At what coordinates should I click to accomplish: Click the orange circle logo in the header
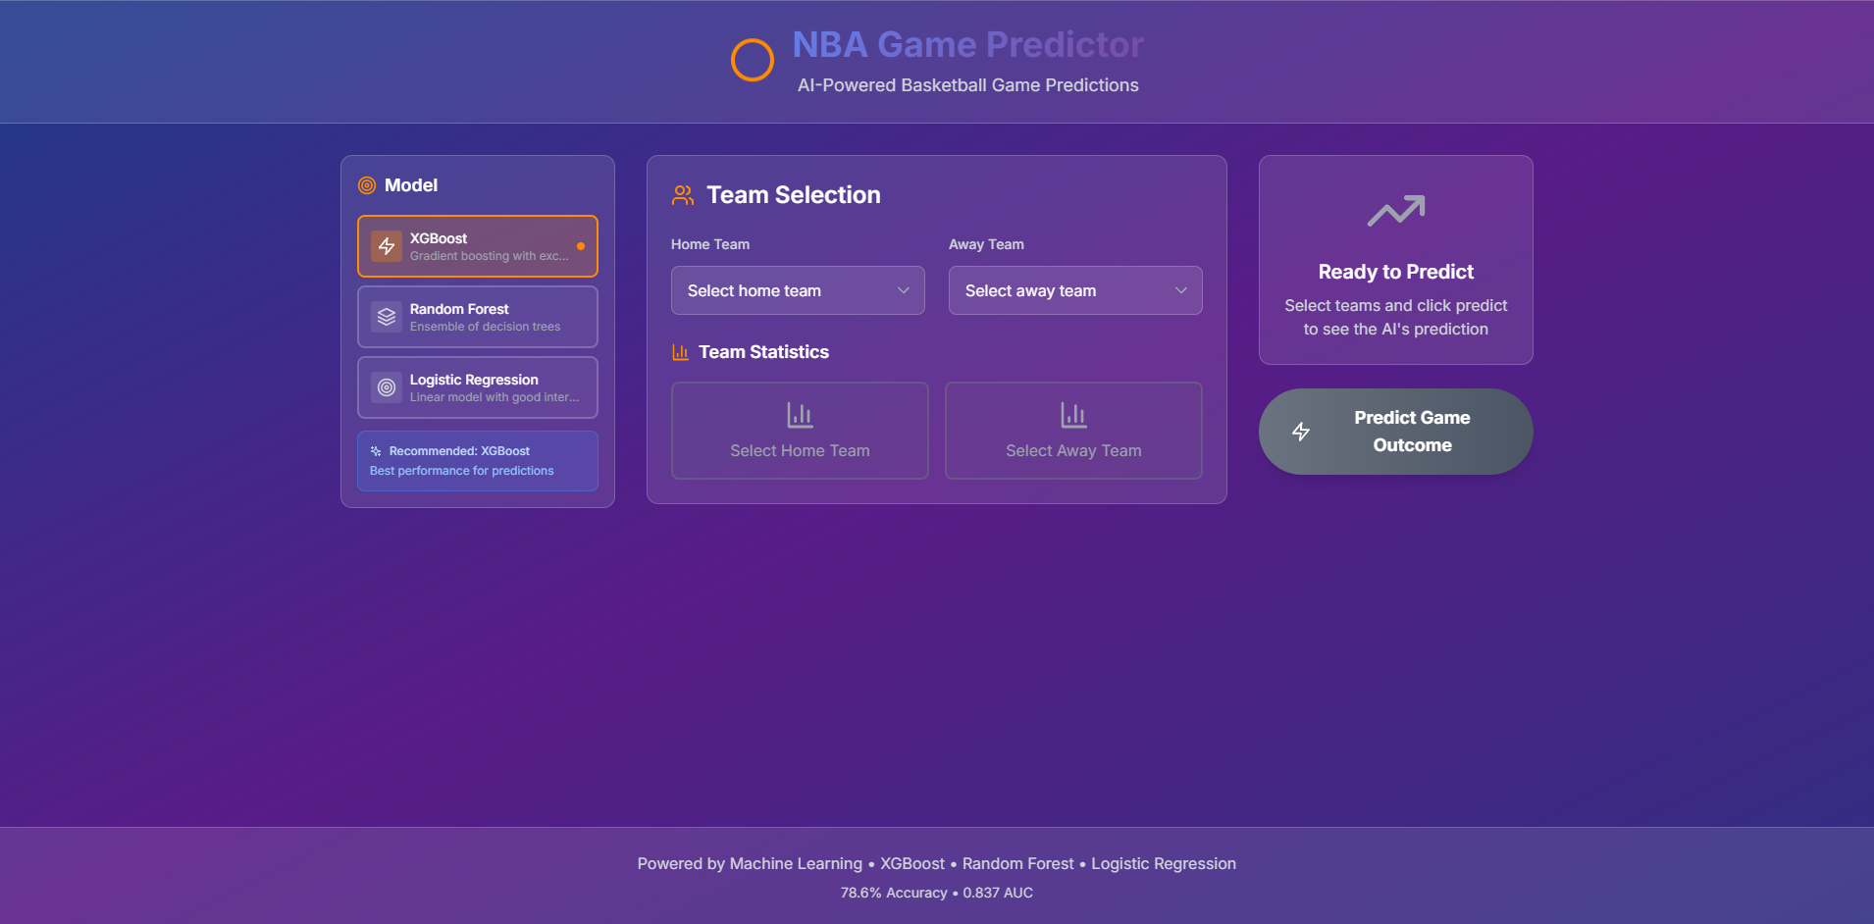(x=753, y=40)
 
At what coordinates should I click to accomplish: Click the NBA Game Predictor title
(x=967, y=44)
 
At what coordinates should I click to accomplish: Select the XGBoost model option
(x=478, y=246)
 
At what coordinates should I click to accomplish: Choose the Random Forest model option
(x=478, y=317)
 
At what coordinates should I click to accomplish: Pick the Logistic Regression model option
(x=478, y=387)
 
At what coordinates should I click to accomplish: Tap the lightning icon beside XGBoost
(x=387, y=246)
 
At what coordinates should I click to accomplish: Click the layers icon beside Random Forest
(x=387, y=317)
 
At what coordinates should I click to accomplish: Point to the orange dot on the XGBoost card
(x=581, y=246)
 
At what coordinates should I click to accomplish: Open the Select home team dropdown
(x=798, y=290)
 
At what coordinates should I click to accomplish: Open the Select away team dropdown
(x=1075, y=290)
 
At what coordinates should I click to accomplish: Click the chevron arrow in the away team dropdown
(x=1181, y=290)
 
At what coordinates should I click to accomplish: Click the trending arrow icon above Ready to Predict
(x=1396, y=211)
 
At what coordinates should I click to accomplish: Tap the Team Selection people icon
(x=683, y=195)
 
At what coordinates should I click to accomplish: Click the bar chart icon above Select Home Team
(x=800, y=415)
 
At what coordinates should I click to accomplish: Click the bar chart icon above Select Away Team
(x=1073, y=415)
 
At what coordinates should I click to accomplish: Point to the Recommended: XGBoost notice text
(x=459, y=451)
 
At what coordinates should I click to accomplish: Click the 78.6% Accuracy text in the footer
(x=894, y=893)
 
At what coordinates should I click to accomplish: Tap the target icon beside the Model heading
(x=367, y=185)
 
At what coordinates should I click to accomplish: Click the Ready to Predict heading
(x=1396, y=272)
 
